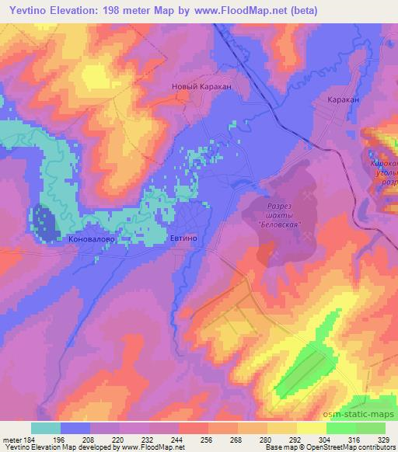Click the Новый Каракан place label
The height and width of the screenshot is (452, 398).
(x=201, y=88)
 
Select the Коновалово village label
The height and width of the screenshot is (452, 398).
(x=93, y=240)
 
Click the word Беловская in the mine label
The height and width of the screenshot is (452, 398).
(x=279, y=224)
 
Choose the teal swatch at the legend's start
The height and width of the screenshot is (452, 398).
(x=46, y=428)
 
